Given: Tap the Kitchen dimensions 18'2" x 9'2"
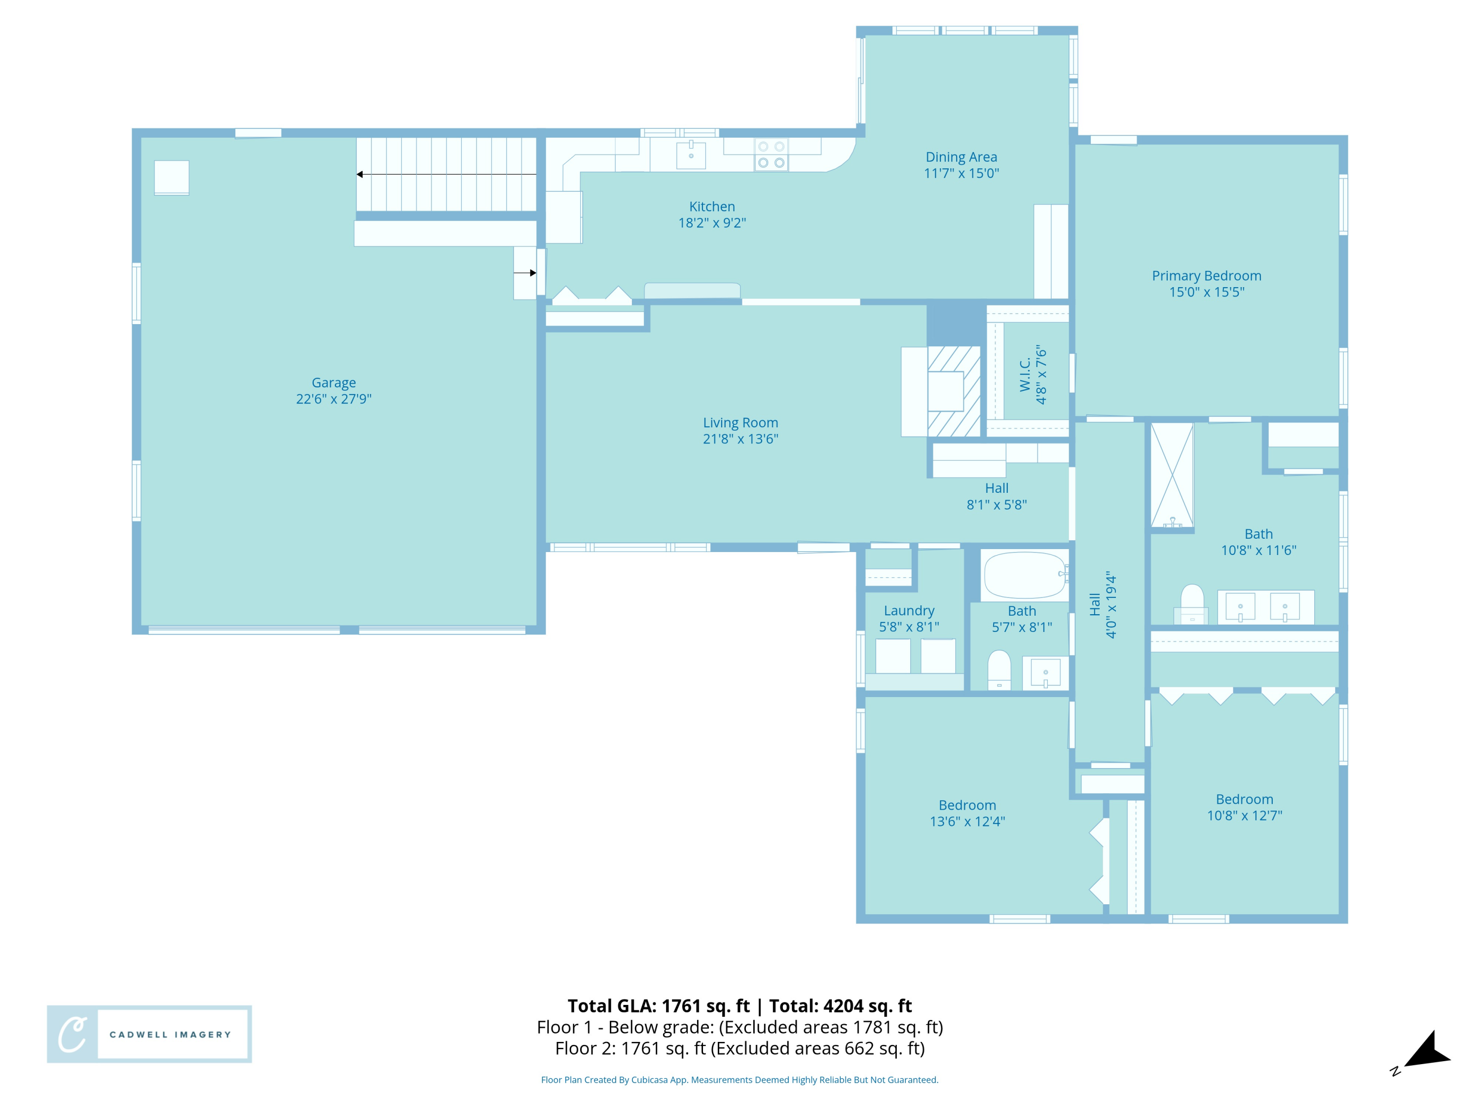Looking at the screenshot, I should coord(712,223).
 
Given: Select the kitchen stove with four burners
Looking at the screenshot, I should coord(771,154).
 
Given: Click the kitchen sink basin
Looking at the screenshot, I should coord(691,155).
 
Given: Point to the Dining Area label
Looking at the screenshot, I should coord(961,157).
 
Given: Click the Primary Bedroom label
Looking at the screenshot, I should coord(1206,276).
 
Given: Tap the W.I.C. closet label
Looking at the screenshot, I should coord(1025,374).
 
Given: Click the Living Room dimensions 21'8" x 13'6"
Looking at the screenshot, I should coord(740,439).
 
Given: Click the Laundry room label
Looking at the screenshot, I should coord(909,611).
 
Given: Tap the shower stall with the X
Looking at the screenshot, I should coord(1172,475).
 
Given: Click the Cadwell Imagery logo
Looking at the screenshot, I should coord(149,1034).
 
